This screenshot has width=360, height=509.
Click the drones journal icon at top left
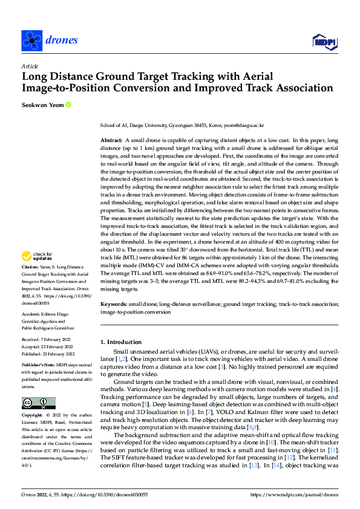[31, 40]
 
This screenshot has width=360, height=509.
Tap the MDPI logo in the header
[325, 41]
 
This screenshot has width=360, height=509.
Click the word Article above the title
[29, 66]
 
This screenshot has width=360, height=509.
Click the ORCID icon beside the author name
[68, 105]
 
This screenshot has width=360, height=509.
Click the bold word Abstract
[111, 140]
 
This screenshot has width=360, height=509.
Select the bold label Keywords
[113, 305]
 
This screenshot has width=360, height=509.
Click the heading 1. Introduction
[121, 342]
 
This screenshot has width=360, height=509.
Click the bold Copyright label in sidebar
[33, 416]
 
